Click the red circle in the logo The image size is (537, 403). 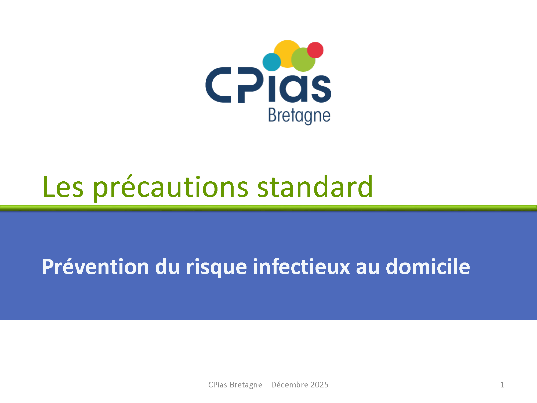click(315, 50)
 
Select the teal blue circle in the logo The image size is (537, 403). click(271, 62)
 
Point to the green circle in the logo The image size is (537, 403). click(303, 60)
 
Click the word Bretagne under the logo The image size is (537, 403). click(299, 116)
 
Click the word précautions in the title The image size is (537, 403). click(171, 188)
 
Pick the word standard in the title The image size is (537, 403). click(315, 186)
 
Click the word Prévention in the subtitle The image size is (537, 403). click(95, 267)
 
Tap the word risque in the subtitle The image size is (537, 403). click(216, 268)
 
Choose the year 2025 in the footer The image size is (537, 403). click(319, 385)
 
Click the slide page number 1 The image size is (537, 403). click(502, 385)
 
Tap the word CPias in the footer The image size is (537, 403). click(218, 385)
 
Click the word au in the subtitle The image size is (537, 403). click(368, 268)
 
